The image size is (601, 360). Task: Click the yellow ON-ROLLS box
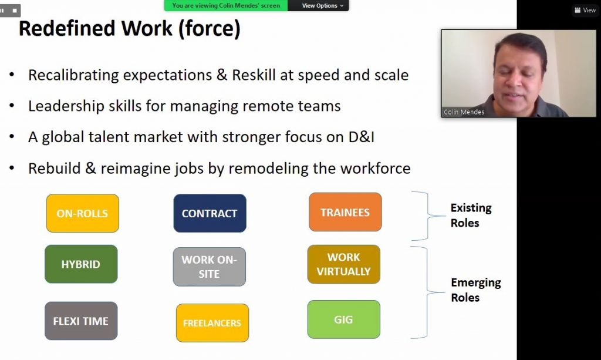pyautogui.click(x=82, y=213)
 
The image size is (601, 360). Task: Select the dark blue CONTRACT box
pyautogui.click(x=210, y=213)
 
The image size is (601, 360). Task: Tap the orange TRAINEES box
pyautogui.click(x=345, y=212)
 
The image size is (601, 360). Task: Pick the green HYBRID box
pyautogui.click(x=81, y=264)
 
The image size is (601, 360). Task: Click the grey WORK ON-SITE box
pyautogui.click(x=210, y=267)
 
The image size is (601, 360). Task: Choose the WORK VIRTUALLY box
pyautogui.click(x=343, y=264)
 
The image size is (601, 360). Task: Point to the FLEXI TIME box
pyautogui.click(x=81, y=321)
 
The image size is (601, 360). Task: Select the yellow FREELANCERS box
pyautogui.click(x=212, y=323)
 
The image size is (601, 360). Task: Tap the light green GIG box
pyautogui.click(x=343, y=319)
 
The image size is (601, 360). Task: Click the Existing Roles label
pyautogui.click(x=471, y=216)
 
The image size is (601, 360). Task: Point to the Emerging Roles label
pyautogui.click(x=476, y=290)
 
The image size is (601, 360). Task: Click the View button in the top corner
pyautogui.click(x=585, y=11)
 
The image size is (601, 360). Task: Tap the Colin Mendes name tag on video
pyautogui.click(x=464, y=112)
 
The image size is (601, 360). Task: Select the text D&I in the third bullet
pyautogui.click(x=361, y=137)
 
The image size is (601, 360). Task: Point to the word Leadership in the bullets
pyautogui.click(x=66, y=106)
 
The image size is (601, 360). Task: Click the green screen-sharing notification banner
pyautogui.click(x=226, y=5)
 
